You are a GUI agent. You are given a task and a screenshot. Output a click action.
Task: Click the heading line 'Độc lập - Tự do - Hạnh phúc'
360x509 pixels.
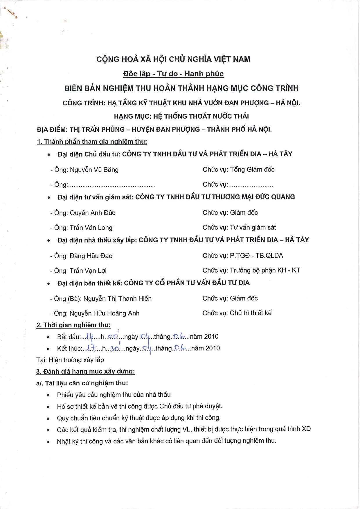(x=173, y=74)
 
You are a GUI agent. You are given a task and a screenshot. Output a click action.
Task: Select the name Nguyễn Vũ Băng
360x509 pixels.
(x=94, y=170)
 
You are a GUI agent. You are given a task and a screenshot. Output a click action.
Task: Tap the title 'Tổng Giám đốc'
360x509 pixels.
(x=252, y=169)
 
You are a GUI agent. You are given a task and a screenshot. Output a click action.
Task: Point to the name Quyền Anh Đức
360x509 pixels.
(x=93, y=213)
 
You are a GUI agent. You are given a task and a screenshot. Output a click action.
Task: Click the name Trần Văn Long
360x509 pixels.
(x=91, y=228)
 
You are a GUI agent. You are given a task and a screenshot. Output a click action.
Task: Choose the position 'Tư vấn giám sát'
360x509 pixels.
(x=253, y=227)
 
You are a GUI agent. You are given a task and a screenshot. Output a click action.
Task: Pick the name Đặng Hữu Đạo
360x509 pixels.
(x=91, y=256)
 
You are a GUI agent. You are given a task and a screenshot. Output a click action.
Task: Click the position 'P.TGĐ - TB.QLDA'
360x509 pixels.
(x=256, y=255)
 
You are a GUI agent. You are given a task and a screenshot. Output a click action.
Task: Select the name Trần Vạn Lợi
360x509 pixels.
(x=88, y=270)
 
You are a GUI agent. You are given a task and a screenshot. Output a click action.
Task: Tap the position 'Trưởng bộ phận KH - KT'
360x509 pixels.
(x=265, y=270)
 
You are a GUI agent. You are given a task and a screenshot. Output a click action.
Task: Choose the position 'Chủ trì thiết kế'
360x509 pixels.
(x=251, y=313)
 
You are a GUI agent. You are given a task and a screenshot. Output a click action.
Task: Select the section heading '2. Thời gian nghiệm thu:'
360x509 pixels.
(x=73, y=325)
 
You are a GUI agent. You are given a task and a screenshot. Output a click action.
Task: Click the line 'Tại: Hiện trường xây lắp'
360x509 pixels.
(x=70, y=360)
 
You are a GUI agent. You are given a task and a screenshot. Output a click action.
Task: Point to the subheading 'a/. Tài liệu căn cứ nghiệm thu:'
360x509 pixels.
(x=82, y=383)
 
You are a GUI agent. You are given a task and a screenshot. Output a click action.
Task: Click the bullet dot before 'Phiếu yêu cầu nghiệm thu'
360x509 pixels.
(x=48, y=395)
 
